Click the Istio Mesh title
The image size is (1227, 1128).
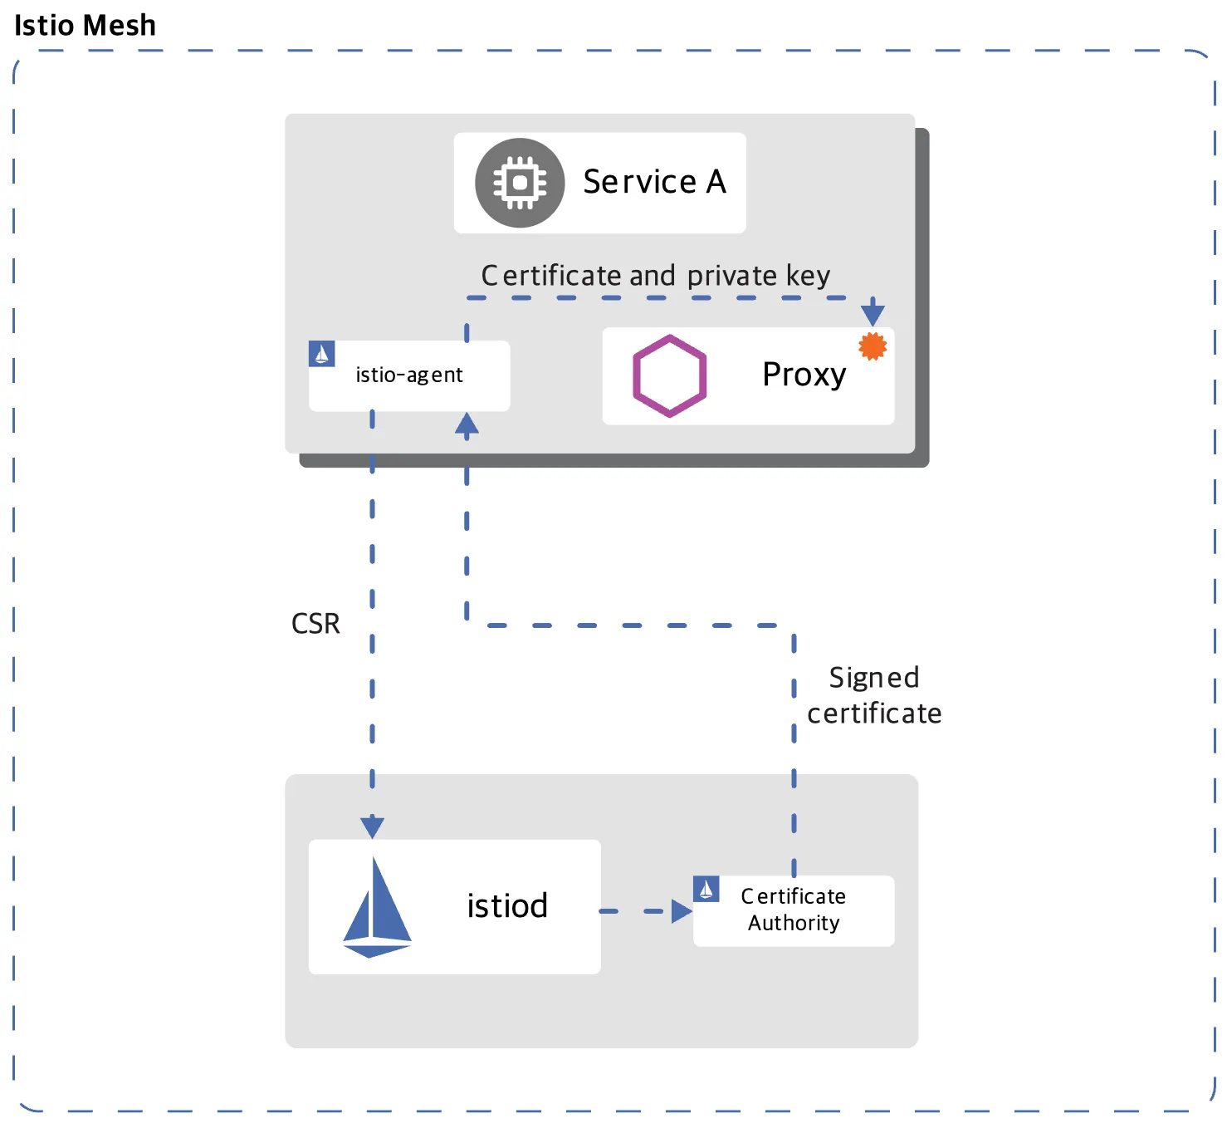click(85, 26)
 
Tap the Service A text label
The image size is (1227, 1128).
click(654, 182)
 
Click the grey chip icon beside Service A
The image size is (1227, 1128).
click(520, 183)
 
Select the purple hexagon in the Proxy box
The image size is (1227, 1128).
click(669, 375)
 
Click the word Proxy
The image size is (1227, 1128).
click(804, 375)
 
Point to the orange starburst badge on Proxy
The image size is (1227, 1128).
click(873, 346)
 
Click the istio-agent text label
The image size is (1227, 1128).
click(409, 375)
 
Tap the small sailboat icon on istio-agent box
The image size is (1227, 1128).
click(322, 354)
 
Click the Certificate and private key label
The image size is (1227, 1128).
click(655, 276)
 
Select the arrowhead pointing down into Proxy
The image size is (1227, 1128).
click(873, 313)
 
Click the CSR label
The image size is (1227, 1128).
click(315, 624)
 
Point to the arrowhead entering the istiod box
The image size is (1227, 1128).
click(372, 827)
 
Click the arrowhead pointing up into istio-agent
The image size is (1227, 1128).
click(467, 424)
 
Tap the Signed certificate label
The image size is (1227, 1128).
click(874, 695)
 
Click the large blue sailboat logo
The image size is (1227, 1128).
click(377, 907)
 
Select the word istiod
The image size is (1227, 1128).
click(507, 906)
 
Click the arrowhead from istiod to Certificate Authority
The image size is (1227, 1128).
click(682, 911)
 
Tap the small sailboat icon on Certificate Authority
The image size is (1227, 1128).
click(706, 890)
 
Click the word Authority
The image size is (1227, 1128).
click(794, 923)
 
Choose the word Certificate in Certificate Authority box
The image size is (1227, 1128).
click(794, 896)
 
